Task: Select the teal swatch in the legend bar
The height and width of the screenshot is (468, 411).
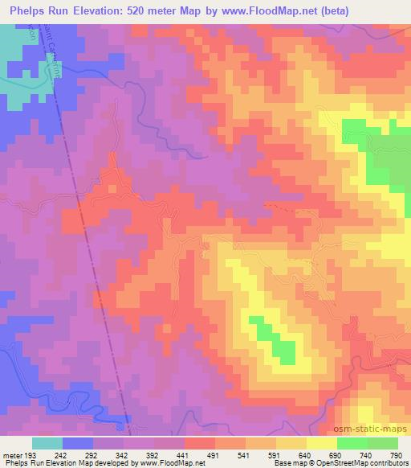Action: click(x=47, y=443)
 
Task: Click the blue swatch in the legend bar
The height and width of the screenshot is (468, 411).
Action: click(x=78, y=443)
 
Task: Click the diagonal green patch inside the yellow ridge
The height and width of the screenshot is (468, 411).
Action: click(x=271, y=338)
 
